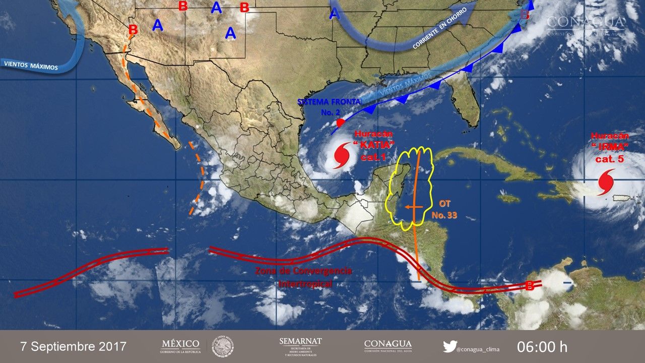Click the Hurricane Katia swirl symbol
(x=343, y=156)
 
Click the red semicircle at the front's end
(x=341, y=123)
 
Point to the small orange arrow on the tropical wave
(x=414, y=207)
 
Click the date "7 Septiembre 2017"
(x=73, y=347)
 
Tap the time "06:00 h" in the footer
(x=542, y=347)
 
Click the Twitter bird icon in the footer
(x=450, y=346)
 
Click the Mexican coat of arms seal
(x=222, y=346)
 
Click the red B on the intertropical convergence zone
(x=530, y=286)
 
